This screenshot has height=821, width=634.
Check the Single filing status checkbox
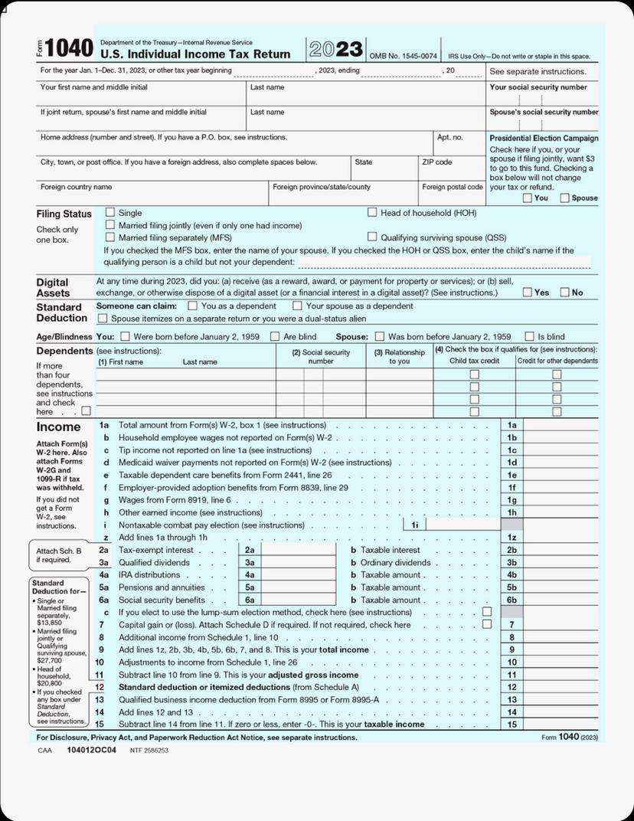[x=110, y=212]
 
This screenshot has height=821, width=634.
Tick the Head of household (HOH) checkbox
[x=373, y=212]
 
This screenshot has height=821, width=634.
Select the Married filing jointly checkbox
[x=110, y=225]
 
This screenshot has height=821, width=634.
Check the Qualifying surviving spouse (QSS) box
[x=373, y=237]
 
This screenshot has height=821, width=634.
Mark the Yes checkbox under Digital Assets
[x=528, y=292]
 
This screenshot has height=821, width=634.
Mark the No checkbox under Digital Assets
[x=565, y=292]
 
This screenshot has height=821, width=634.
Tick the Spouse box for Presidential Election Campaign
[x=565, y=198]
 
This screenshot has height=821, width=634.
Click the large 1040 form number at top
[x=69, y=49]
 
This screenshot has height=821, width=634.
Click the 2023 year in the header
[x=336, y=50]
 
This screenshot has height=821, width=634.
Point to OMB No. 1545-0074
[x=404, y=56]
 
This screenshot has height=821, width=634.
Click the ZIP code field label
[x=437, y=162]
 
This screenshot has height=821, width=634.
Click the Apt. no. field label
[x=450, y=138]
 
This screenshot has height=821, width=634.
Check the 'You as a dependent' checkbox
[x=193, y=306]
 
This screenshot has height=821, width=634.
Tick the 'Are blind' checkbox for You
[x=275, y=336]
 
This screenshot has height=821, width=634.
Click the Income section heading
[x=58, y=427]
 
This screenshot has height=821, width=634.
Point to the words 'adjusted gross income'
[x=312, y=675]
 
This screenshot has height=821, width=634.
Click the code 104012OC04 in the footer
[x=91, y=751]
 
